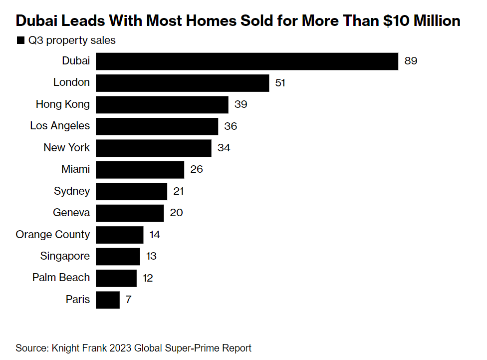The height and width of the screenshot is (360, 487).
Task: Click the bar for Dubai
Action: [x=247, y=61]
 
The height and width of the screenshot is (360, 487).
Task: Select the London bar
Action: [x=183, y=83]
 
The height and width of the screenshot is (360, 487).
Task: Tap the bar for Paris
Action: [x=108, y=300]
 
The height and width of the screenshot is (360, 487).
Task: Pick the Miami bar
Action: [x=140, y=170]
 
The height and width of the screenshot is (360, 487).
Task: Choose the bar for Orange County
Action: [x=120, y=235]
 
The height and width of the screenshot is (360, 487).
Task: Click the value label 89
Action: [x=411, y=61]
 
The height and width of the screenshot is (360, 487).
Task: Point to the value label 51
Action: [x=280, y=83]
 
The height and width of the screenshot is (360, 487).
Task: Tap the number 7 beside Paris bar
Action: [x=128, y=300]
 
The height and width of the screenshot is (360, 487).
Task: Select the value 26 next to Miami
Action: [x=197, y=170]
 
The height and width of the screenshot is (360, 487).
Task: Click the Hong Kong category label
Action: [x=63, y=104]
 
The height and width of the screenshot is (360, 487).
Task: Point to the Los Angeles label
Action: [x=60, y=126]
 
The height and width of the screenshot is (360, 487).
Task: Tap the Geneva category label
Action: [x=71, y=213]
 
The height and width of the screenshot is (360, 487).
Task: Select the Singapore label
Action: [x=65, y=256]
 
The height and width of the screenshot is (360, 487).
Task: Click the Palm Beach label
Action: [x=61, y=278]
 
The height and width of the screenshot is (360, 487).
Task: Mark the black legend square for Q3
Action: [x=20, y=40]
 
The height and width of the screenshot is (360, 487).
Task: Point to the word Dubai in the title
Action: [x=37, y=21]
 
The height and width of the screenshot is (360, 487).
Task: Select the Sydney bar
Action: [x=132, y=191]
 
